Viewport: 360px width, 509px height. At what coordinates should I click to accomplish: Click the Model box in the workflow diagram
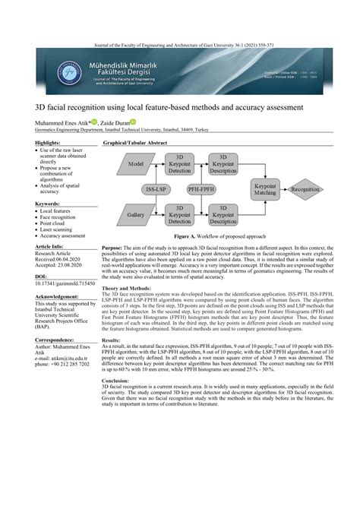tap(137, 163)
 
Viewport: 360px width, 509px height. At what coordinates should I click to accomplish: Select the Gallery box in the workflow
tap(137, 215)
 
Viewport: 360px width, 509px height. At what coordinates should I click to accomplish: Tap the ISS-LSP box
tap(157, 189)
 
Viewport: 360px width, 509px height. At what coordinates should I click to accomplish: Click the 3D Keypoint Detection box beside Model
tap(180, 164)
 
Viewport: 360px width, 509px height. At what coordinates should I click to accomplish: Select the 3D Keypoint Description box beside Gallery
tap(223, 215)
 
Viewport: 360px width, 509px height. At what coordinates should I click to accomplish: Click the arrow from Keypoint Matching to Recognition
tap(283, 189)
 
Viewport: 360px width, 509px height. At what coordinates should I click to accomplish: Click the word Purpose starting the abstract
tap(112, 248)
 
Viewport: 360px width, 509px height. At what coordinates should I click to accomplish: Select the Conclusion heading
tap(115, 380)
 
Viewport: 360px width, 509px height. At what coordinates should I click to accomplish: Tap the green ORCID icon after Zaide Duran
tap(133, 121)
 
